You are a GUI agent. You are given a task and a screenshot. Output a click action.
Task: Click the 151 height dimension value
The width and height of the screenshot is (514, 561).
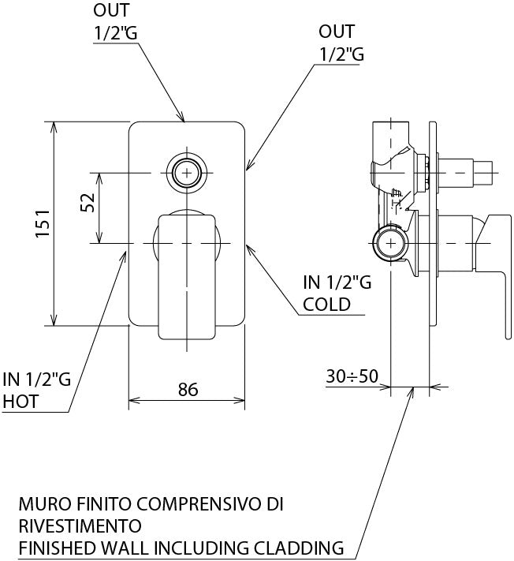click(x=43, y=223)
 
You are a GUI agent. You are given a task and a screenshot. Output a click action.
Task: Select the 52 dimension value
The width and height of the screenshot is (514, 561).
click(x=88, y=203)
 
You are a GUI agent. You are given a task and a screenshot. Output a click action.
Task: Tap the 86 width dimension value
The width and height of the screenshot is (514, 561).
click(x=188, y=389)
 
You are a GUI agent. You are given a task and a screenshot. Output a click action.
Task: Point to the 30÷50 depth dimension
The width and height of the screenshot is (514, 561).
click(x=352, y=376)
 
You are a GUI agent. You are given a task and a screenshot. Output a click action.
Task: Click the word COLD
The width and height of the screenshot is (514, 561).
click(x=326, y=305)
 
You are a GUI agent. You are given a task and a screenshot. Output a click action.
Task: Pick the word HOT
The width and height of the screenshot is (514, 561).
click(x=20, y=402)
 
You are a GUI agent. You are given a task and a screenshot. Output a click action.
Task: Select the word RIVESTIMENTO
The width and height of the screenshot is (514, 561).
click(x=80, y=526)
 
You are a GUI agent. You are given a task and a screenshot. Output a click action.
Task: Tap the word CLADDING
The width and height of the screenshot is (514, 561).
click(x=299, y=548)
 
